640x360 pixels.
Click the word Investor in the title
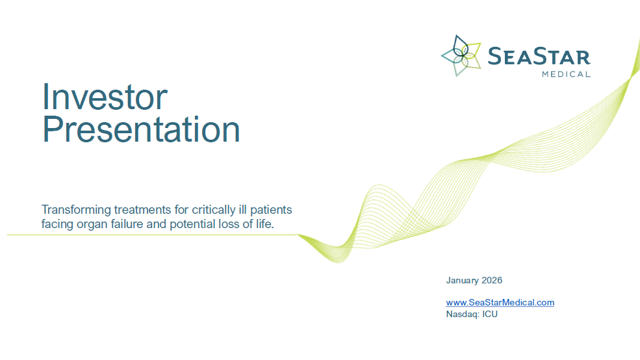pyautogui.click(x=105, y=97)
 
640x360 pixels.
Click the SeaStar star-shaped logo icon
pyautogui.click(x=461, y=56)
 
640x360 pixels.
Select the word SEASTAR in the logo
pyautogui.click(x=539, y=57)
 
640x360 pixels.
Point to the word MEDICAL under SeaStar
pyautogui.click(x=566, y=74)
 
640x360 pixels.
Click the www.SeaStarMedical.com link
pyautogui.click(x=500, y=302)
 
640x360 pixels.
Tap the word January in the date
pyautogui.click(x=462, y=281)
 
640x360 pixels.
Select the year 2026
pyautogui.click(x=492, y=281)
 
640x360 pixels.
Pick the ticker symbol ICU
pyautogui.click(x=491, y=314)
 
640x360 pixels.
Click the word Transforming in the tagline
pyautogui.click(x=75, y=210)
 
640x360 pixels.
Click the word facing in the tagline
pyautogui.click(x=57, y=224)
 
